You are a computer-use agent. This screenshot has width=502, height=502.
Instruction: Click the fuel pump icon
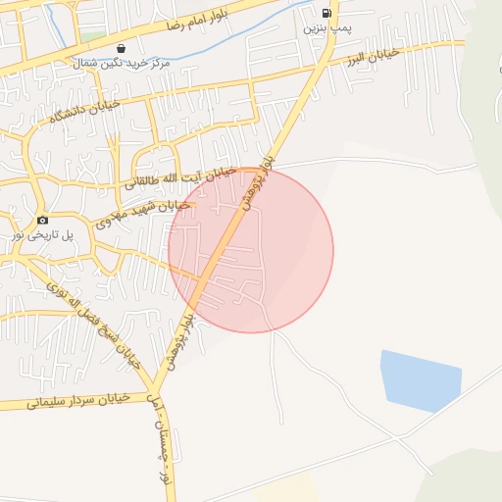pyautogui.click(x=326, y=13)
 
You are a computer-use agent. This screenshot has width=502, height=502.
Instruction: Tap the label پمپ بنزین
pyautogui.click(x=326, y=29)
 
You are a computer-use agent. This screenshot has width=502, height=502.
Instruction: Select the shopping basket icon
pyautogui.click(x=121, y=48)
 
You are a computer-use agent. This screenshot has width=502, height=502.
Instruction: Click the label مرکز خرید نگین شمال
pyautogui.click(x=121, y=63)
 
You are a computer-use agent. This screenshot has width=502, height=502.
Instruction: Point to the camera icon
pyautogui.click(x=42, y=220)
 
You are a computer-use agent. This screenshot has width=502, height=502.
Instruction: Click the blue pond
pyautogui.click(x=420, y=379)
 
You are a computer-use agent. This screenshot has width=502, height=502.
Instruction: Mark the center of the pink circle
pyautogui.click(x=251, y=250)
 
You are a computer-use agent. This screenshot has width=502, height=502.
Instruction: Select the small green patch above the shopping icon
pyautogui.click(x=93, y=36)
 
